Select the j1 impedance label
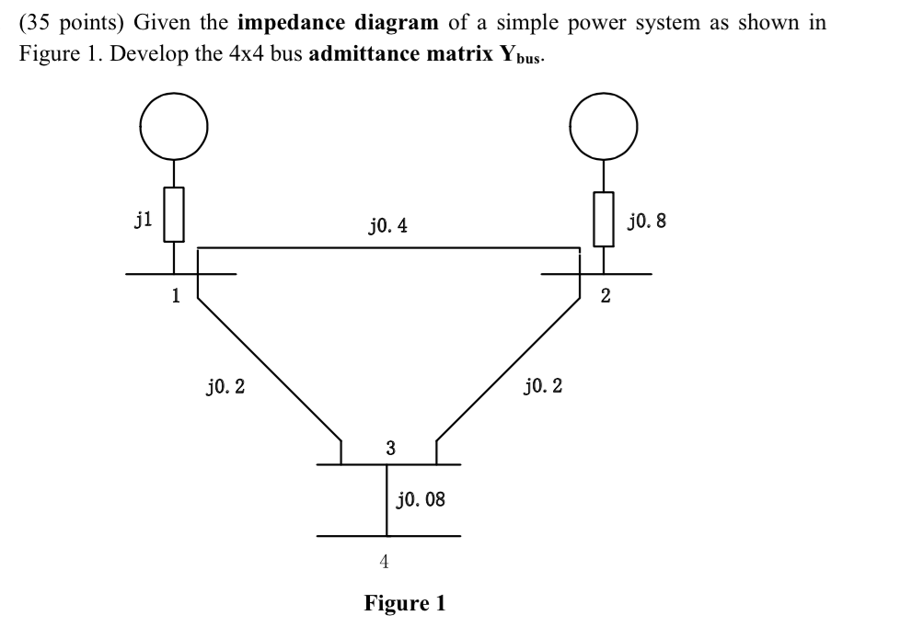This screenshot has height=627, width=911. click(x=144, y=217)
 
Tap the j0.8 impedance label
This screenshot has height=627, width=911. click(x=646, y=221)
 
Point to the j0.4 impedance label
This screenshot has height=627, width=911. click(x=387, y=224)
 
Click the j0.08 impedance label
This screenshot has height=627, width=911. click(x=421, y=500)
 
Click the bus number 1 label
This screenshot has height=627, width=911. click(x=175, y=296)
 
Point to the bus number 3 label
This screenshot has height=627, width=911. click(x=390, y=448)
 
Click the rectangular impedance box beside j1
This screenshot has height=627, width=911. click(x=174, y=215)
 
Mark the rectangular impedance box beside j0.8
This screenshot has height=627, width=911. click(x=603, y=219)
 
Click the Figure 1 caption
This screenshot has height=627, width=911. click(x=405, y=603)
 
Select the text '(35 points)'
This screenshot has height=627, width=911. click(x=72, y=23)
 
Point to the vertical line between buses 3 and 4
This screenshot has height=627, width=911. click(x=386, y=500)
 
